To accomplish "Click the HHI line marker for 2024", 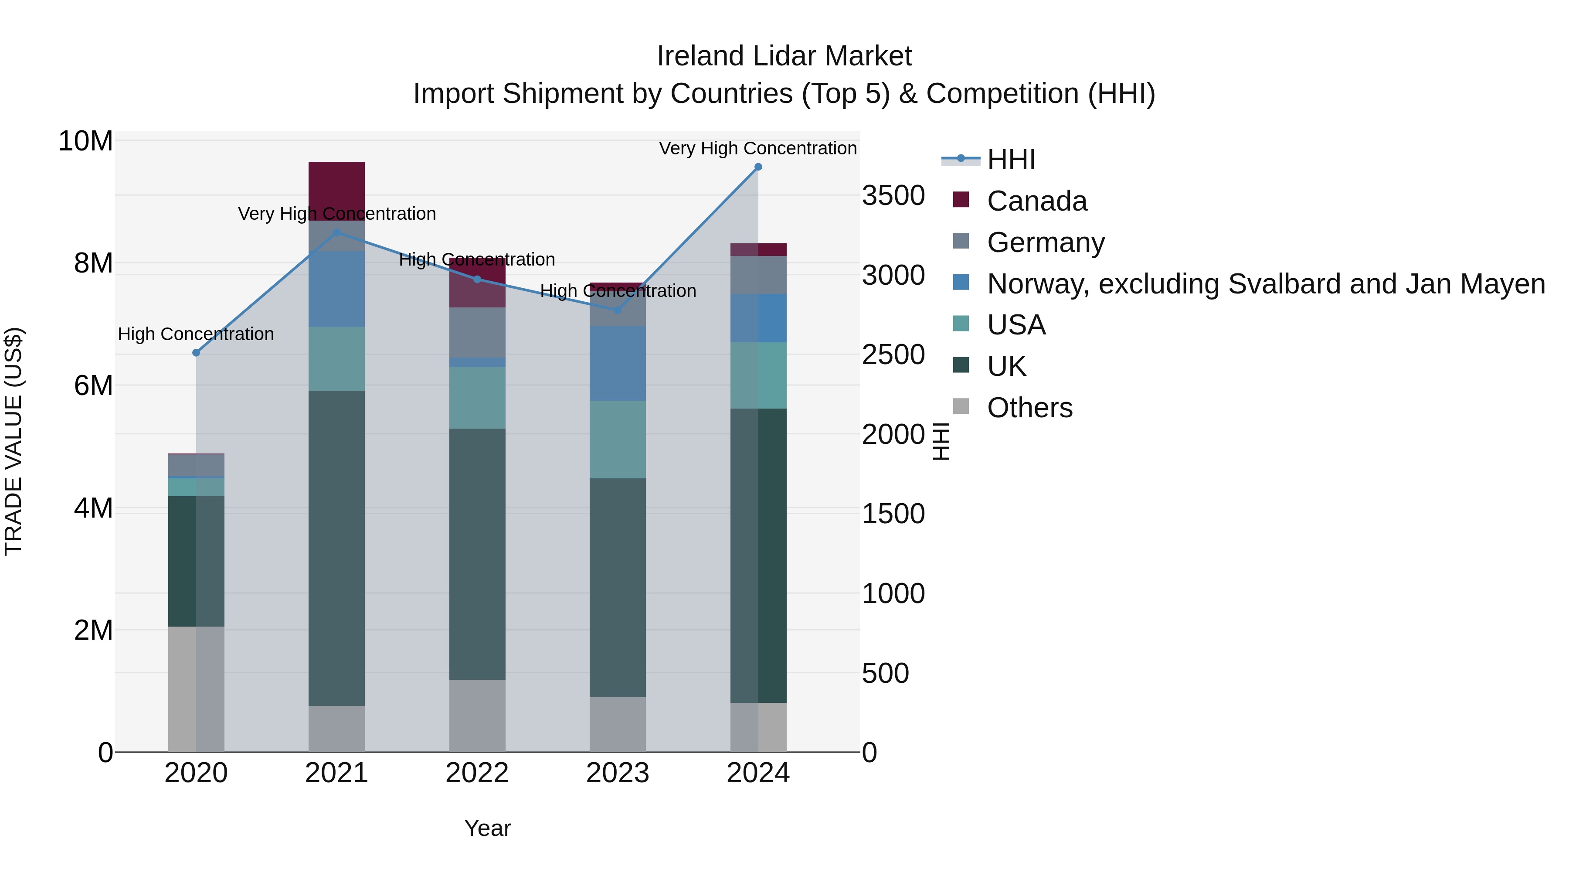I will tap(758, 167).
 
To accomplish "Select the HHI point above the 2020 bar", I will tap(196, 353).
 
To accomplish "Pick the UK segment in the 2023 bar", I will tap(618, 587).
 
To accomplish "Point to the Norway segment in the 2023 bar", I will tap(618, 363).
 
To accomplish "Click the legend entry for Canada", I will tap(1037, 201).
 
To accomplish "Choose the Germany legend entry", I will tap(1045, 242).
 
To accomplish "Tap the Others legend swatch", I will tap(961, 406).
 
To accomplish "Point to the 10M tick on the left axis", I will tap(85, 141).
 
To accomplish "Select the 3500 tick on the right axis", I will tap(893, 196).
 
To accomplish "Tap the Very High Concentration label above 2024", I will tap(758, 148).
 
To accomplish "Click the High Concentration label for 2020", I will tap(196, 334).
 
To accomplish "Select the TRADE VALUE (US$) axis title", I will tap(14, 441).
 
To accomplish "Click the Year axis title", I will tap(487, 828).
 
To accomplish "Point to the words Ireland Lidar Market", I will tap(784, 56).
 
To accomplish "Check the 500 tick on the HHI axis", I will tap(885, 673).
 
